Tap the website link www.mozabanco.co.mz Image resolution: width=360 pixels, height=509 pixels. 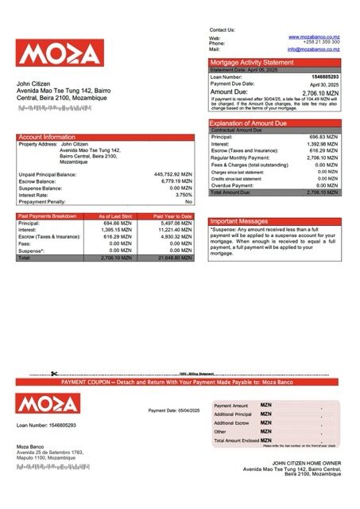click(x=315, y=37)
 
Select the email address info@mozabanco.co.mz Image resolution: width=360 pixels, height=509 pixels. click(x=314, y=49)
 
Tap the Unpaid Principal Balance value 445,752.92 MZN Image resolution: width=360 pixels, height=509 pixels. click(x=172, y=173)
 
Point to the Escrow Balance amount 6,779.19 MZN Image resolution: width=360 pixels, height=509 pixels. click(x=176, y=181)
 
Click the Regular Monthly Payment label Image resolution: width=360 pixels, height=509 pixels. click(x=238, y=158)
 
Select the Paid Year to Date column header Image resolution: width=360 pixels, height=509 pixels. click(x=170, y=216)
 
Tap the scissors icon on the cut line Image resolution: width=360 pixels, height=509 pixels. click(x=55, y=374)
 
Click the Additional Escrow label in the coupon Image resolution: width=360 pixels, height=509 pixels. click(x=232, y=423)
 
